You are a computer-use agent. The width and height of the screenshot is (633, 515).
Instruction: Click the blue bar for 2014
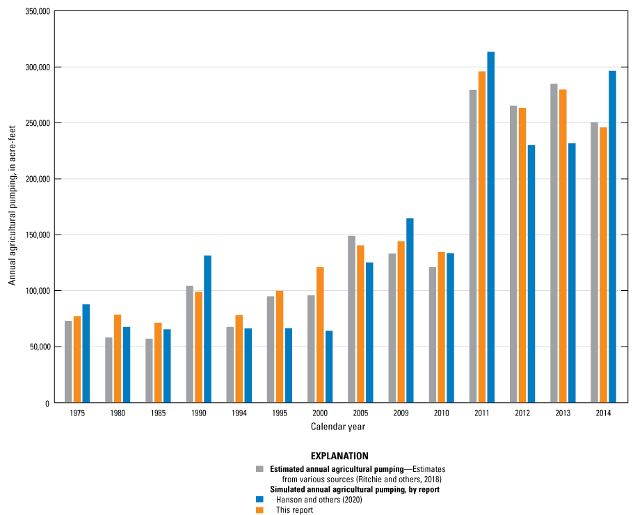click(x=612, y=237)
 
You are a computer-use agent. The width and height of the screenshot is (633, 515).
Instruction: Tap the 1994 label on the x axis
click(x=239, y=413)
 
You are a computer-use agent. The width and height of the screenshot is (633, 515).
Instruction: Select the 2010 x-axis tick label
click(x=441, y=413)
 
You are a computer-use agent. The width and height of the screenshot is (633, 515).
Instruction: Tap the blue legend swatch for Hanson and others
click(x=259, y=499)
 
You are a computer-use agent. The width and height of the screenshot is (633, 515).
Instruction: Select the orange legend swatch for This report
click(x=259, y=509)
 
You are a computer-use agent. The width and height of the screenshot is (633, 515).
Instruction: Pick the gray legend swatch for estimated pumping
click(x=259, y=468)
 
